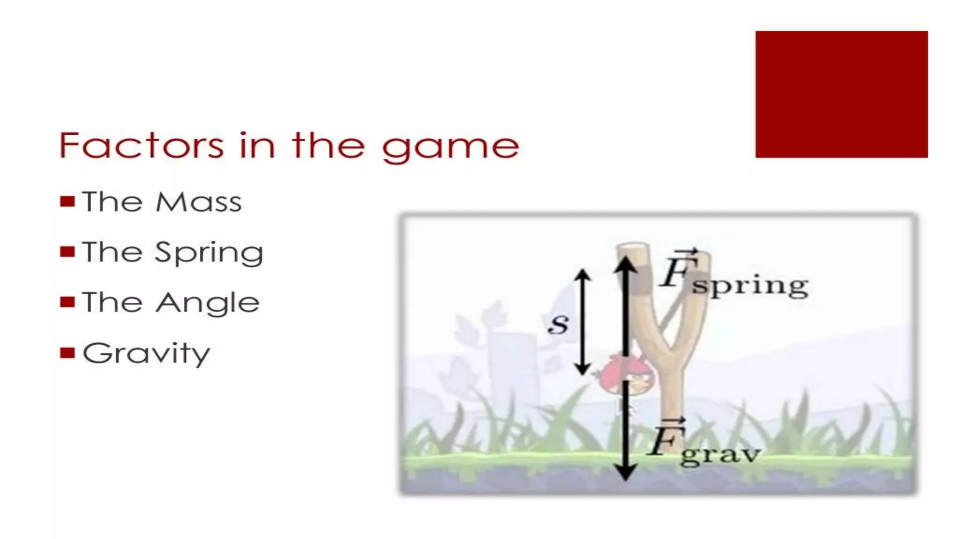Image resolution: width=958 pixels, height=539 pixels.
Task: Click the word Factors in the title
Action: pos(141,146)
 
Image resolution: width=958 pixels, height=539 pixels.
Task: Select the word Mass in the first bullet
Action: pos(199,202)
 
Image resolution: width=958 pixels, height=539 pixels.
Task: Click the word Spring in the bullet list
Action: pos(209,253)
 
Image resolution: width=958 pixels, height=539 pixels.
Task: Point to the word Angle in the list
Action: pos(208,303)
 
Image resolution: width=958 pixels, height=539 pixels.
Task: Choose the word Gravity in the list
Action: pos(146,354)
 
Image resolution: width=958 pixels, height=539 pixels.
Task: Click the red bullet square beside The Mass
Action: pos(67,202)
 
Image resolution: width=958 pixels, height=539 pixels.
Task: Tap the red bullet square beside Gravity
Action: pos(67,352)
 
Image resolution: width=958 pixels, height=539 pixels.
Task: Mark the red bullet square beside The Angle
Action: pos(67,302)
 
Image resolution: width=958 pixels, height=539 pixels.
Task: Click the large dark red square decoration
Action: pos(841,95)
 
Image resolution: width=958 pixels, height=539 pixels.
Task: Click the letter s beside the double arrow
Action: pos(558,323)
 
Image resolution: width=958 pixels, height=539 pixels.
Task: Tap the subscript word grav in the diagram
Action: pos(720,454)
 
